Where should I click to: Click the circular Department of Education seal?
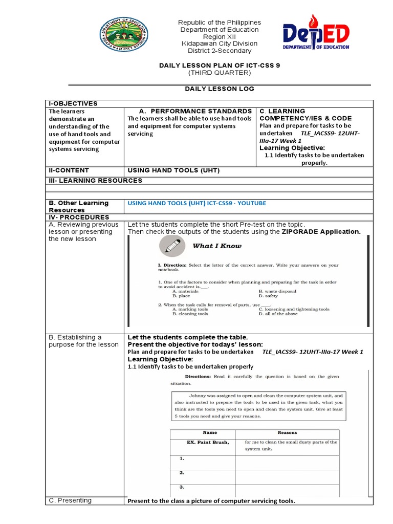click(x=124, y=36)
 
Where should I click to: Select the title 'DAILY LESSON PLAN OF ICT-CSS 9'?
click(x=219, y=65)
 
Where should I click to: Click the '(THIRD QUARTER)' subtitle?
click(x=219, y=73)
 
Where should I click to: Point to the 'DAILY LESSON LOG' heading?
click(x=219, y=89)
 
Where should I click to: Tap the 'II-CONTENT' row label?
click(x=69, y=170)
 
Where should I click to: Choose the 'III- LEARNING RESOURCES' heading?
click(x=95, y=181)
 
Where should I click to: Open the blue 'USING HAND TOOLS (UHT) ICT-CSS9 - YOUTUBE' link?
click(x=196, y=203)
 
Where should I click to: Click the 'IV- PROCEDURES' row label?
click(x=72, y=217)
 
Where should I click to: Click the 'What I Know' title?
click(x=217, y=246)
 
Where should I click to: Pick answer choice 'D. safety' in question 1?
click(x=268, y=296)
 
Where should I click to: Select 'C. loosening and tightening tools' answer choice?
click(x=294, y=309)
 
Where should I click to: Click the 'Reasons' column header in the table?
click(x=287, y=433)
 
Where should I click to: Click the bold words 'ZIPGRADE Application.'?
click(x=321, y=232)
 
